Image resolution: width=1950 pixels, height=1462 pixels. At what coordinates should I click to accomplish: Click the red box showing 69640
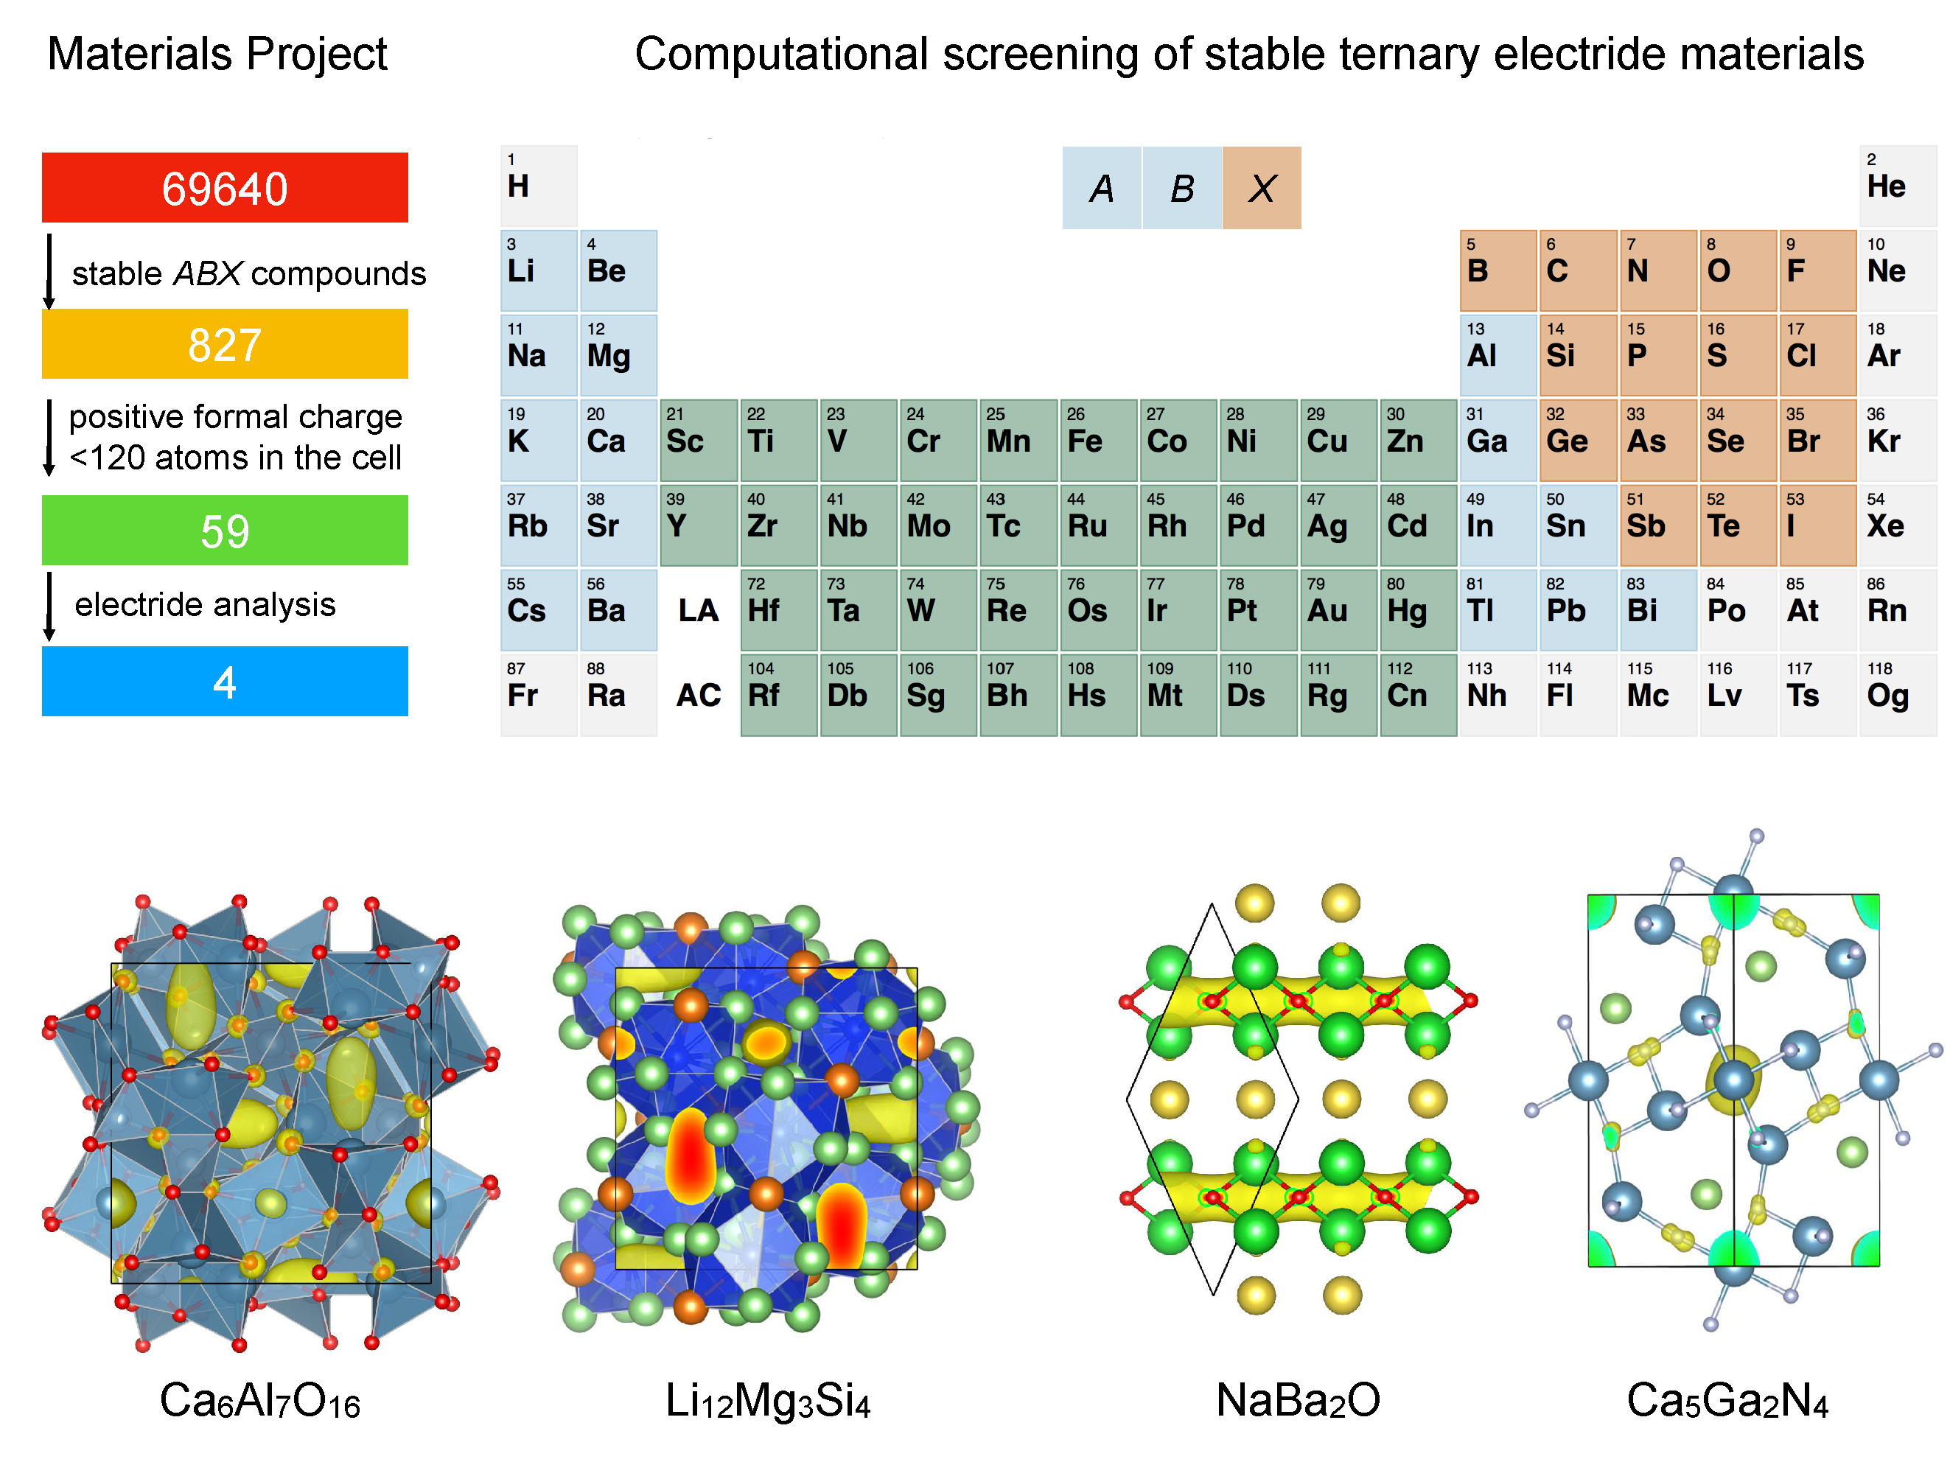pos(225,187)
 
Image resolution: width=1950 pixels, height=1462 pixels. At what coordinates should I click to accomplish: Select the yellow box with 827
pos(225,343)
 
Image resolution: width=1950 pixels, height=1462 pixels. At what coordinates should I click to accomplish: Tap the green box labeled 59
pos(225,530)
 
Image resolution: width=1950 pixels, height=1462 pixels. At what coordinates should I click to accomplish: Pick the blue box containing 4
pos(225,681)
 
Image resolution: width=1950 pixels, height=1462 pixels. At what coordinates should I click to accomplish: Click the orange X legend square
pos(1262,188)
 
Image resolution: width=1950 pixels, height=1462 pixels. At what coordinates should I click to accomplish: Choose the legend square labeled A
pos(1102,188)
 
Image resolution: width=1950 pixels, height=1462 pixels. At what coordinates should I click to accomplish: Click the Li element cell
pos(539,270)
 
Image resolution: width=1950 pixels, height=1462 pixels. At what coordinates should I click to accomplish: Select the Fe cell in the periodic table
pos(1097,441)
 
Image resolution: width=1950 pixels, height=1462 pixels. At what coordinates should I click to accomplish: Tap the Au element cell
pos(1338,610)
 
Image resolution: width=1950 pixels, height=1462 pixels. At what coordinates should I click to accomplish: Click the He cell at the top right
pos(1897,186)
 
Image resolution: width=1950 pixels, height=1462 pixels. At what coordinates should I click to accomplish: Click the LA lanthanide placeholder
pos(698,610)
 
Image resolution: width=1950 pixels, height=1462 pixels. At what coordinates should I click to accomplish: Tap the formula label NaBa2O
pos(1298,1400)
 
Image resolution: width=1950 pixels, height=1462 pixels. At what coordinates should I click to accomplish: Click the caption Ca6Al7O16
pos(260,1400)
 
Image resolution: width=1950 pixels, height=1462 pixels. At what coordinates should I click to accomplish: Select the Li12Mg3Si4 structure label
pos(768,1400)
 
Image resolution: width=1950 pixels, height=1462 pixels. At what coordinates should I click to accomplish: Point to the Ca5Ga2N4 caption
pos(1728,1400)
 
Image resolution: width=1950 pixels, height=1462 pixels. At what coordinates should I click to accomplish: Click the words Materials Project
pos(217,54)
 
